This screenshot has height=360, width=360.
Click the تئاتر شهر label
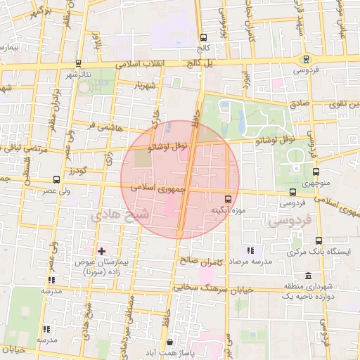[80, 74]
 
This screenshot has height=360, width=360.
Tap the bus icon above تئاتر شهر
[78, 63]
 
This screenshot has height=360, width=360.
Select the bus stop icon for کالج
[203, 37]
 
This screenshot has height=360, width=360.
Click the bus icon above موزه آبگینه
[227, 199]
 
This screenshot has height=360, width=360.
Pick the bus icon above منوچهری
[316, 171]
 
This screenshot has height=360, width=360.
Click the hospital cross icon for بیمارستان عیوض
[102, 250]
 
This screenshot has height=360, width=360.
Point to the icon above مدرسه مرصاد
[250, 250]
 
